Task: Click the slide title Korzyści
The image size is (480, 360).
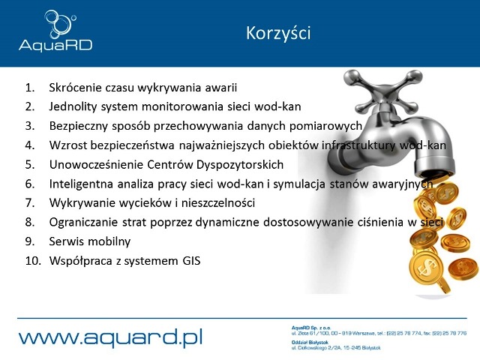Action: (277, 34)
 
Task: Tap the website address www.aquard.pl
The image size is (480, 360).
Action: (111, 337)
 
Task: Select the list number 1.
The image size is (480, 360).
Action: (31, 86)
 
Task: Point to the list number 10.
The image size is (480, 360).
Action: (33, 261)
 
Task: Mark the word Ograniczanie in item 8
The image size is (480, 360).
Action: (82, 223)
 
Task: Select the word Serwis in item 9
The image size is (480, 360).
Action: (66, 241)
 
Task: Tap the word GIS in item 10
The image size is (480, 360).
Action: (190, 261)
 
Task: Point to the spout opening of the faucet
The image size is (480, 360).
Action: (442, 166)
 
